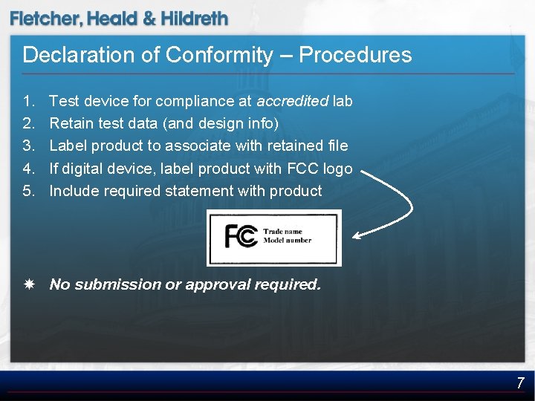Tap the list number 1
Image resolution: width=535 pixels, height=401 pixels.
pos(28,100)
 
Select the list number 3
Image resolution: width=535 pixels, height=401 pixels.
pos(28,146)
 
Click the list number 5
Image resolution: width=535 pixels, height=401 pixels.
pos(28,191)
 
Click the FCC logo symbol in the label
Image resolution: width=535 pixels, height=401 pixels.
pos(241,236)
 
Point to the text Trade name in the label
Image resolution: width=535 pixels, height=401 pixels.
pos(283,232)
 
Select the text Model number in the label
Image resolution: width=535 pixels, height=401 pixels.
pos(288,241)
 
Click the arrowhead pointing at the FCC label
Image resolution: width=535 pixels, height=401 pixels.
pos(357,236)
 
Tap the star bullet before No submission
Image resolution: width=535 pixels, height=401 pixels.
pos(28,284)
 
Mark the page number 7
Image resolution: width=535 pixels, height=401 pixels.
pos(520,383)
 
